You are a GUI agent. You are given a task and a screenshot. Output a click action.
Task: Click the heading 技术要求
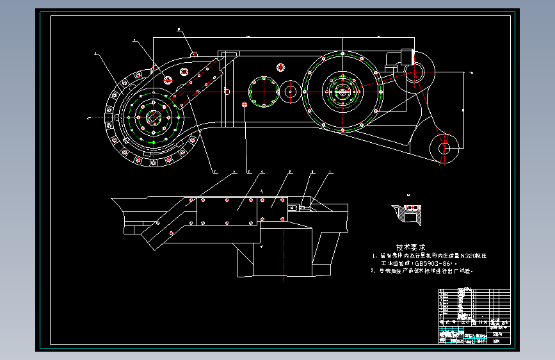click(410, 247)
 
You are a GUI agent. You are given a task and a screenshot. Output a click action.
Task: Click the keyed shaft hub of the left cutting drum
click(153, 117)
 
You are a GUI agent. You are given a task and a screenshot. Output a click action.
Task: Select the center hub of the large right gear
click(342, 91)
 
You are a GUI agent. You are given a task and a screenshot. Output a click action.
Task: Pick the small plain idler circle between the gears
click(291, 92)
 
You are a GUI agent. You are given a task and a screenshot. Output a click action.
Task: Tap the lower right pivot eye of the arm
click(444, 149)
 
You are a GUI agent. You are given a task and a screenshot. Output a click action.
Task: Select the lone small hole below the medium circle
click(245, 104)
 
